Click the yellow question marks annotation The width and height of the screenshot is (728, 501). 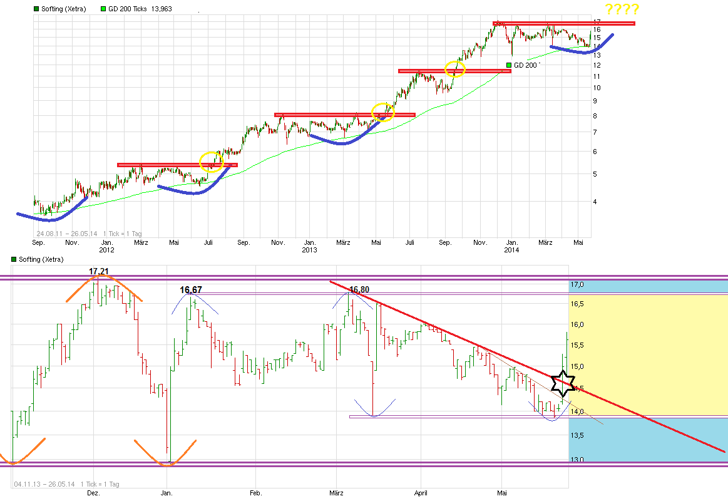(622, 9)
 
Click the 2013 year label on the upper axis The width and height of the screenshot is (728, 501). (309, 250)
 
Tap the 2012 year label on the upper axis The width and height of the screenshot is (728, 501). (107, 250)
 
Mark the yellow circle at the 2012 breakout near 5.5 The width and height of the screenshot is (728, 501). (210, 162)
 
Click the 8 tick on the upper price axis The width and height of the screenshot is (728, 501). (597, 116)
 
